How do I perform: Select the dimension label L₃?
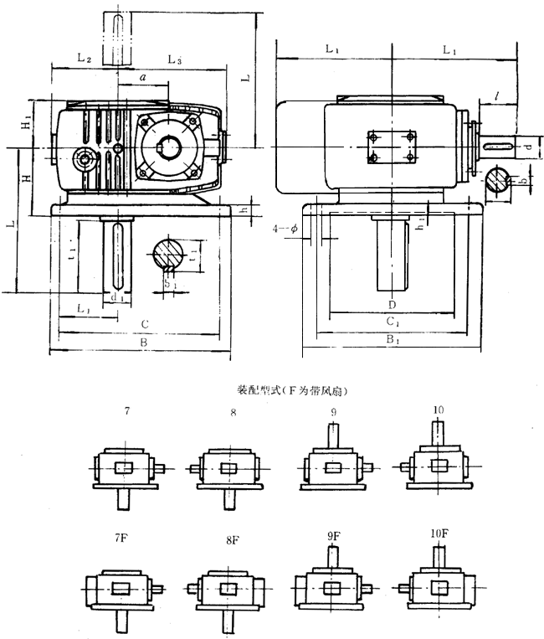[x=175, y=59]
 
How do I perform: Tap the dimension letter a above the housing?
[x=143, y=77]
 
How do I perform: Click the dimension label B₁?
[x=392, y=339]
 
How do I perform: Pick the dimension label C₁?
[x=392, y=320]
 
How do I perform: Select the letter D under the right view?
[x=391, y=303]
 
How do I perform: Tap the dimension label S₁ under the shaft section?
[x=169, y=284]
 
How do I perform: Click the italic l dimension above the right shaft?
[x=496, y=98]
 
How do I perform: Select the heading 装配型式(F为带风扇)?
[x=292, y=390]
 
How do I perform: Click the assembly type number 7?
[x=126, y=412]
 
